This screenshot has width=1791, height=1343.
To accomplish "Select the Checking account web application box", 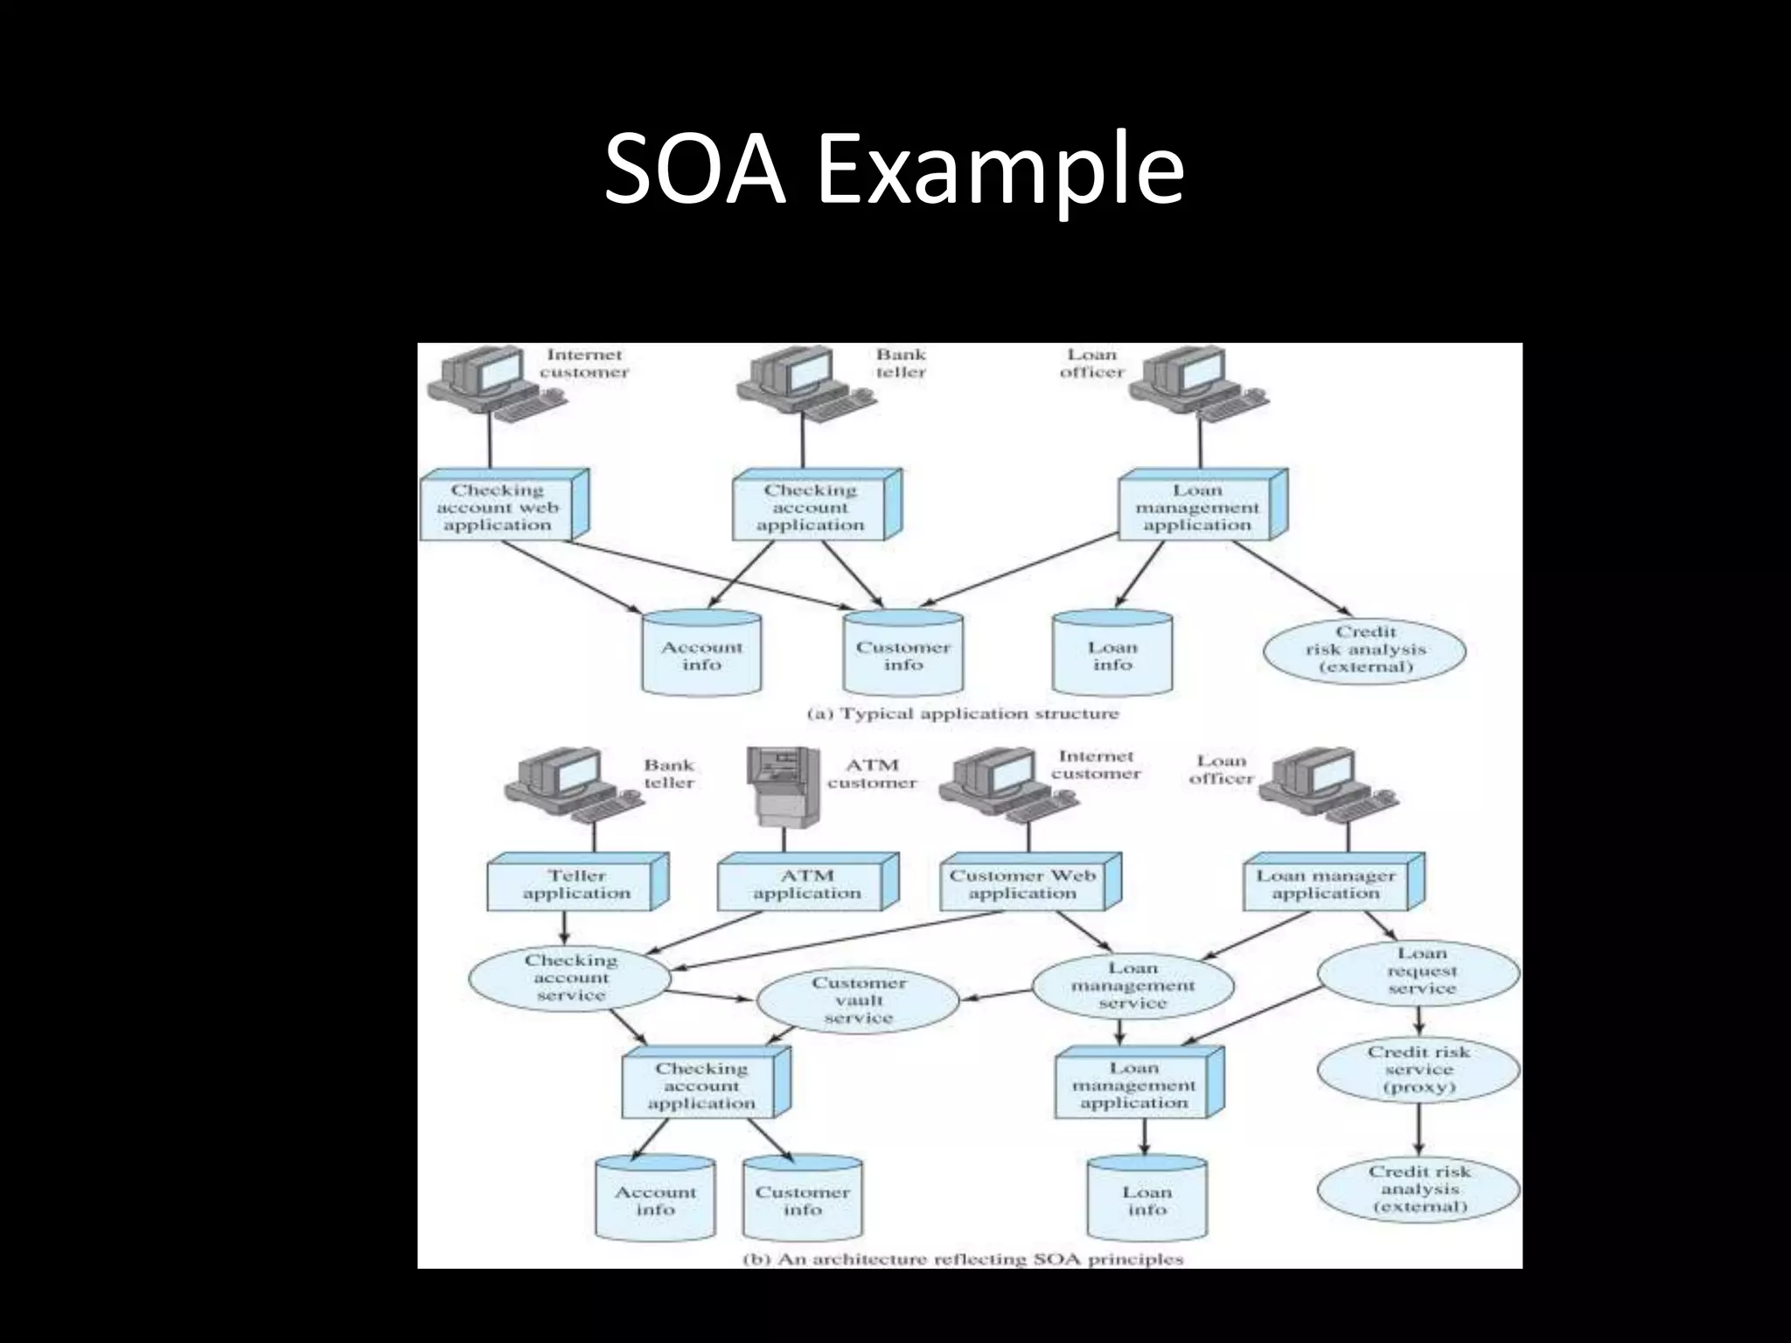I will [x=499, y=508].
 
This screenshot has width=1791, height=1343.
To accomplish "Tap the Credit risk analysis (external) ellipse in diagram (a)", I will [x=1364, y=650].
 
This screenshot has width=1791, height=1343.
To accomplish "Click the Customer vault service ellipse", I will [x=857, y=1000].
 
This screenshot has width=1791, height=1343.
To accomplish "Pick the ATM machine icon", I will [x=782, y=787].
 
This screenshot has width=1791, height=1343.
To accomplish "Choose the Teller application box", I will [x=576, y=884].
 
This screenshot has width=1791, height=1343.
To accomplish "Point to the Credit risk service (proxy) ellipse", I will [x=1418, y=1069].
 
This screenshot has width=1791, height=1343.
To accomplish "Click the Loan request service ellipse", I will [x=1420, y=971].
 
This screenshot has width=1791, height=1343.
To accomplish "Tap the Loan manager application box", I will [x=1327, y=884].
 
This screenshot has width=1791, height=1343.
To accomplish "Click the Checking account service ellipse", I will [x=570, y=978].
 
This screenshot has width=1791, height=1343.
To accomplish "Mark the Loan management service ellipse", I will [x=1132, y=985].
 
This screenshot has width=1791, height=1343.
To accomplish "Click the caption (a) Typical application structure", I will [x=962, y=713].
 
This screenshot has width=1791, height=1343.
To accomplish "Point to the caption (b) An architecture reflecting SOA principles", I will [x=962, y=1259].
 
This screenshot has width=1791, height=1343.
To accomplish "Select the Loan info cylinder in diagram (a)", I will [x=1112, y=656].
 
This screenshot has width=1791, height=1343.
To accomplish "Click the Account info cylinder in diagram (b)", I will [x=655, y=1200].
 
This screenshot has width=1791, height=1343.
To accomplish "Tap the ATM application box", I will [x=806, y=884].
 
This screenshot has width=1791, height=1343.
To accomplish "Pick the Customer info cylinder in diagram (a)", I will [x=902, y=656].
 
